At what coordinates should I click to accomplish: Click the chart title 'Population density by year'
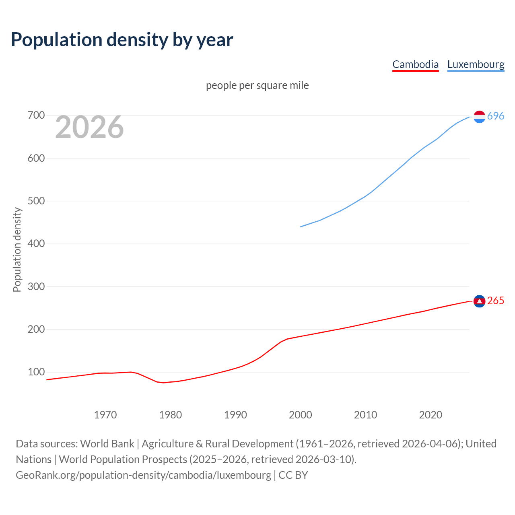[x=122, y=40]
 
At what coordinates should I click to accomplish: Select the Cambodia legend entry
[x=415, y=64]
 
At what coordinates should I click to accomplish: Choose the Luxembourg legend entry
[x=476, y=64]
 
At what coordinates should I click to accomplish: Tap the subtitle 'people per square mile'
[x=257, y=86]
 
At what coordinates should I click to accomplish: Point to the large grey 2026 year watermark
[x=89, y=127]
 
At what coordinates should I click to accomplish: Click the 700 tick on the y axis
[x=36, y=115]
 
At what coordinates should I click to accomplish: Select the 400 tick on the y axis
[x=36, y=244]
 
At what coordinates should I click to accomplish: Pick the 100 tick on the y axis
[x=36, y=372]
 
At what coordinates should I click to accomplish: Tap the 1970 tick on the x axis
[x=105, y=415]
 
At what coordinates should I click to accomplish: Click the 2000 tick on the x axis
[x=301, y=415]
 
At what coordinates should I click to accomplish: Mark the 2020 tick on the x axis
[x=431, y=415]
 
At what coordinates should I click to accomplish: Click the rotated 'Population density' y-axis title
[x=17, y=249]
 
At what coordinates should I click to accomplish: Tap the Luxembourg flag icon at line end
[x=479, y=117]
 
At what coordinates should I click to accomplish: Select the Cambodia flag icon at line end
[x=479, y=301]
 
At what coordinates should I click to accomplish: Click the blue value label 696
[x=496, y=116]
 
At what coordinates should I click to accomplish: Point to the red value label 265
[x=496, y=301]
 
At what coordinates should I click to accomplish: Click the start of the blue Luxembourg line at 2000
[x=301, y=227]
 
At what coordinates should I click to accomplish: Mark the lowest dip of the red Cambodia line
[x=163, y=383]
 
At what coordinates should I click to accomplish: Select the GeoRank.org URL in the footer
[x=143, y=475]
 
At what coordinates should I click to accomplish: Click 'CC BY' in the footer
[x=293, y=475]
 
